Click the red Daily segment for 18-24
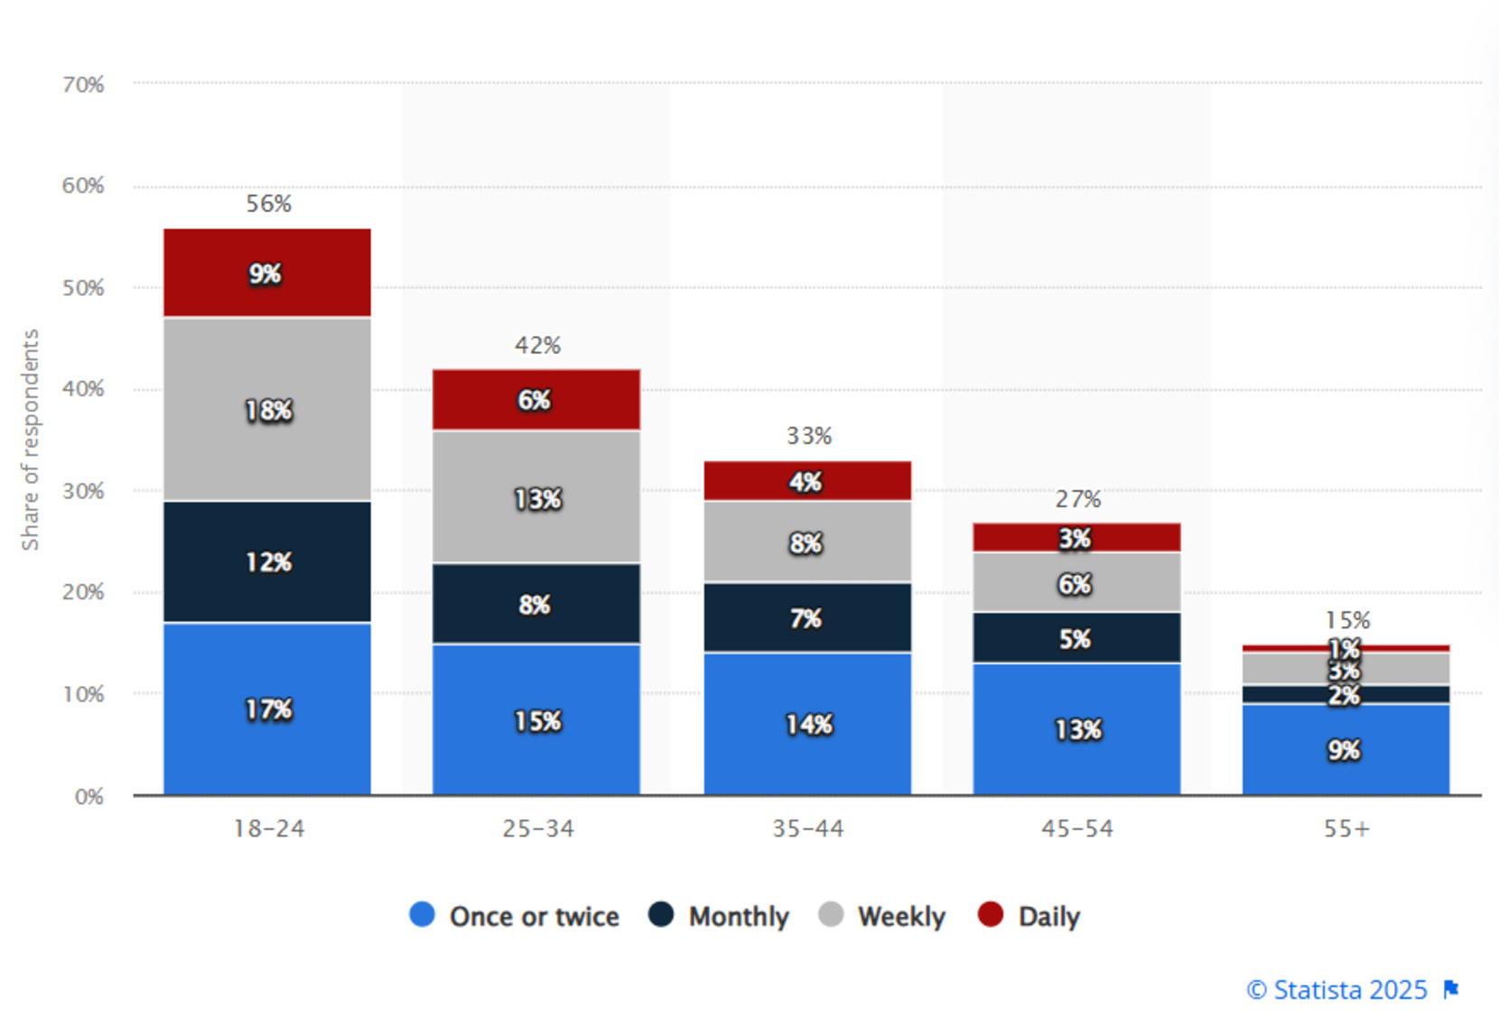tap(266, 273)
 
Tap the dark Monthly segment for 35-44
tap(807, 617)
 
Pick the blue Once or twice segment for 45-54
tap(1076, 728)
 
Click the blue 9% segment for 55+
tap(1345, 749)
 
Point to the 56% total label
tap(268, 204)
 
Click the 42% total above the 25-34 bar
tap(537, 346)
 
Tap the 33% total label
tap(808, 437)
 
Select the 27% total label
tap(1077, 499)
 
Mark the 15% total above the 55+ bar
tap(1347, 621)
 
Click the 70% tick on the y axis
tap(83, 85)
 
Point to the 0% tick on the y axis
tap(88, 797)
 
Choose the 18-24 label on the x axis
tap(268, 829)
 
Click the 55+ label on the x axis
tap(1346, 829)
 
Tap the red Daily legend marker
tap(991, 914)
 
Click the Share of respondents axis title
tap(30, 440)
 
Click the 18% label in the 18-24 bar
tap(268, 411)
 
